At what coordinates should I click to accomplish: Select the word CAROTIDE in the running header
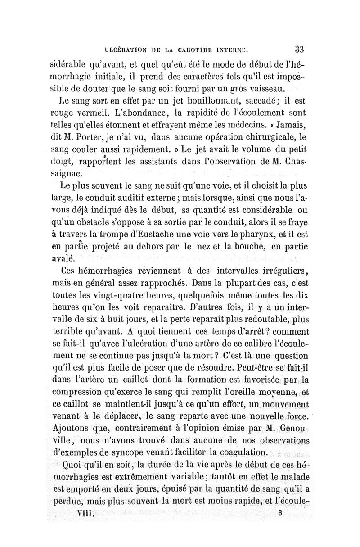tap(190, 50)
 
